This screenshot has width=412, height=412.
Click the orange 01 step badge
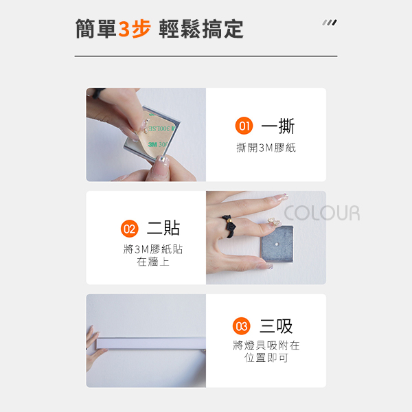tap(244, 126)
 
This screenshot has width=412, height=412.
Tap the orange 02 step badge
tap(129, 229)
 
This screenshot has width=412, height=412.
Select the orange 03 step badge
tap(241, 326)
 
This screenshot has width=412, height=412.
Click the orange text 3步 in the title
tap(135, 29)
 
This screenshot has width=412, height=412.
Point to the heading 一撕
tap(278, 126)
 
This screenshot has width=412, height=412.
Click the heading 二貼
tap(163, 228)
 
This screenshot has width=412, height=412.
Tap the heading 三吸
tap(276, 326)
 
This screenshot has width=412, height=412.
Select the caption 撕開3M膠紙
tap(266, 148)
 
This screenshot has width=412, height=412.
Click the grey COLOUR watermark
tap(322, 213)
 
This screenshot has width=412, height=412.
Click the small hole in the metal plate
tap(277, 244)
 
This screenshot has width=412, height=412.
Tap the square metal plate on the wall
tap(277, 244)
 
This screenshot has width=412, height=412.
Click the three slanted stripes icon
tap(330, 23)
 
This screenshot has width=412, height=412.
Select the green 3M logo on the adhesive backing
tap(152, 144)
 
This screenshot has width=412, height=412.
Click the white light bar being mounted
tap(151, 343)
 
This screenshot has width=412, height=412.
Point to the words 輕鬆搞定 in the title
tap(201, 29)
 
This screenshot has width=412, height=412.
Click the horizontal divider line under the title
tap(206, 56)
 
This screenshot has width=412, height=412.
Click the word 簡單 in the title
tap(95, 29)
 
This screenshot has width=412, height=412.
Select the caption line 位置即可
tap(266, 358)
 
